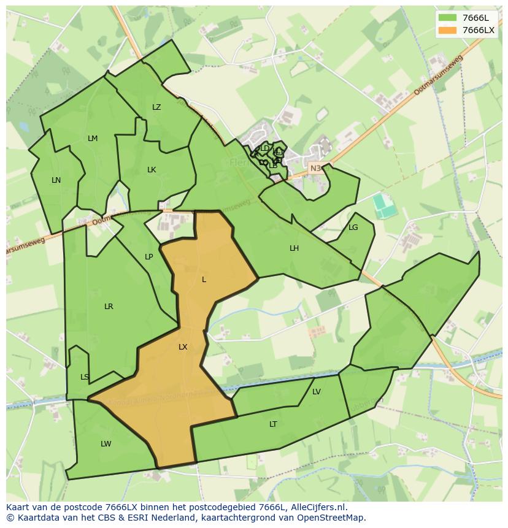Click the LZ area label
[156, 107]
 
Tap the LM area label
[93, 139]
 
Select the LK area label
[152, 170]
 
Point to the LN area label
[56, 180]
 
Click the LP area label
[148, 257]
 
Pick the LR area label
[109, 307]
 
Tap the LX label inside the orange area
[183, 347]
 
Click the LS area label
[85, 377]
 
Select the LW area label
[106, 444]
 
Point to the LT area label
[273, 424]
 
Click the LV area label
[317, 392]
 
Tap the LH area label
[294, 248]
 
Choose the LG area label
[353, 228]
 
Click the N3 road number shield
[315, 168]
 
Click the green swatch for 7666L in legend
[448, 18]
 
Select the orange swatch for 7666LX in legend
[448, 30]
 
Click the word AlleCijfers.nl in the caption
[317, 507]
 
